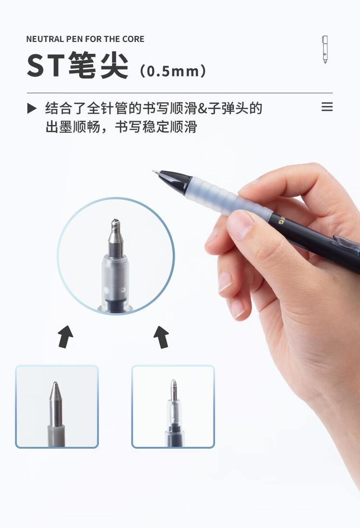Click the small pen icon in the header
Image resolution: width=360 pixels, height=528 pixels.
325,49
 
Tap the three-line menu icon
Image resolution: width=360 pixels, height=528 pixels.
327,107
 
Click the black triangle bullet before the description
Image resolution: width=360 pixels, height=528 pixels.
32,108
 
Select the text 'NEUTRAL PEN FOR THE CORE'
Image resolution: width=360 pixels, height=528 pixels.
85,39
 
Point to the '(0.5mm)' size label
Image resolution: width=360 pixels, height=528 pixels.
173,71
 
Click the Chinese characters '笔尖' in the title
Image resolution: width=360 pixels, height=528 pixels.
98,66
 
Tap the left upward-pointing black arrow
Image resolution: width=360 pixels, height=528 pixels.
66,336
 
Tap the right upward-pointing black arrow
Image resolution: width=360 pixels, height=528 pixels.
161,336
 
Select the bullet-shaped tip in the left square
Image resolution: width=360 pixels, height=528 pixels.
56,404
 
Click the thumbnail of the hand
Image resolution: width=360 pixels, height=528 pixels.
240,224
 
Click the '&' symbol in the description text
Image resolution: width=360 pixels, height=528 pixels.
202,108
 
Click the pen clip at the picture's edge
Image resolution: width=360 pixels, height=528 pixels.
347,242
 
